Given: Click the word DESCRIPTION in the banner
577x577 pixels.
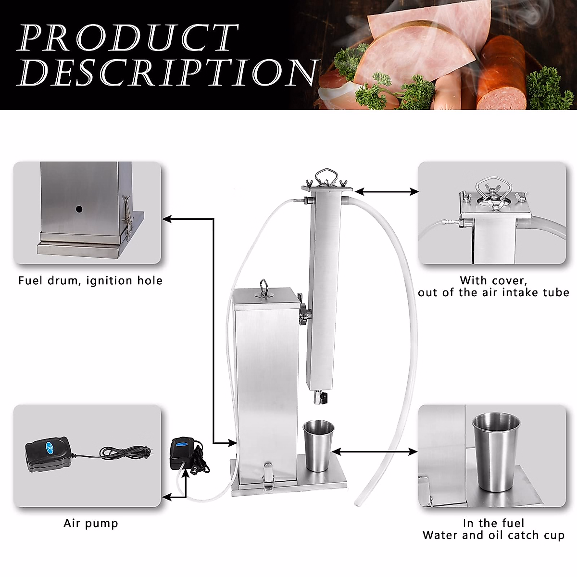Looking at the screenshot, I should pos(168,73).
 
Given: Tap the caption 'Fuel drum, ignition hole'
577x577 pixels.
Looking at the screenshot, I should pos(90,280).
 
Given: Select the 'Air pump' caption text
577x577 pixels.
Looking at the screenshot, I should pos(91,523).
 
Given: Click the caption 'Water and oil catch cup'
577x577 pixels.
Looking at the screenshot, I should pos(493,535).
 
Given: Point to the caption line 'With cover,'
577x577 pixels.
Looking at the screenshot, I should pos(493,280).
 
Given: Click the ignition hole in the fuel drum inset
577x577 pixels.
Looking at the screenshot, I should pos(78,210).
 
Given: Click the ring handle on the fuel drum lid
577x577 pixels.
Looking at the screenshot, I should pos(263,284).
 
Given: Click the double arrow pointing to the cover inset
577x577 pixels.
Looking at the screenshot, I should pos(387,191).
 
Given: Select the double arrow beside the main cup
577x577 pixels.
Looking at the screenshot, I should pos(375,452).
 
